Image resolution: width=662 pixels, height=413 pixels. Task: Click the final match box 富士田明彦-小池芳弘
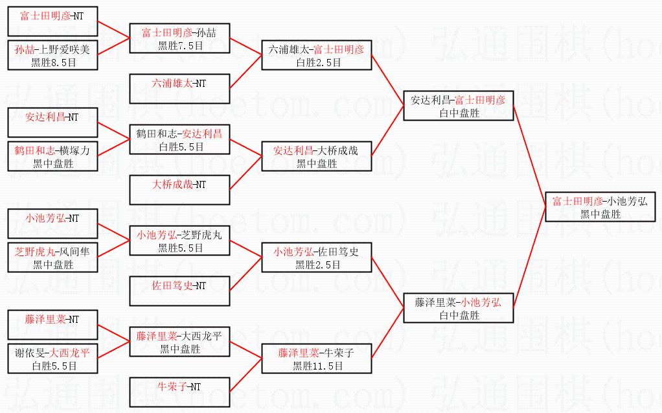click(x=599, y=207)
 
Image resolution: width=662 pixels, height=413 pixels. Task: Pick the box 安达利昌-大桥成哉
click(x=316, y=156)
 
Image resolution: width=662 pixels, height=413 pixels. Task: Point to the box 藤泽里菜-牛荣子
click(x=316, y=359)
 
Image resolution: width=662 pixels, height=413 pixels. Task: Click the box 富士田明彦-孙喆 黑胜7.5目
click(x=179, y=38)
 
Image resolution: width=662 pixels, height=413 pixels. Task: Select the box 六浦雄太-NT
click(x=179, y=89)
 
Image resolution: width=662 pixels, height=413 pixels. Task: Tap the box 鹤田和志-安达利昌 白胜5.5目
click(x=179, y=139)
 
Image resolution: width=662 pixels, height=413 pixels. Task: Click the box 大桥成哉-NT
click(x=179, y=190)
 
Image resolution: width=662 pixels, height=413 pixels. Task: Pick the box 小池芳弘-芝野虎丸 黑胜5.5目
click(x=179, y=241)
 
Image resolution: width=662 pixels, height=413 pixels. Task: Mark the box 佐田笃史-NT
click(x=179, y=291)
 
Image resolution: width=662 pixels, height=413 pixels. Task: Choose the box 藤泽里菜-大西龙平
click(x=179, y=342)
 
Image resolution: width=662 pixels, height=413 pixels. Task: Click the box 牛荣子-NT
click(x=179, y=392)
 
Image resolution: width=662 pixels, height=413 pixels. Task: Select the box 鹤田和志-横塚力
click(x=52, y=156)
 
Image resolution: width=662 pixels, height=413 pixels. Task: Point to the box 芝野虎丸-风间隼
click(x=52, y=257)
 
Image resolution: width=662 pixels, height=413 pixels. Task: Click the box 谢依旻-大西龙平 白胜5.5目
click(x=52, y=359)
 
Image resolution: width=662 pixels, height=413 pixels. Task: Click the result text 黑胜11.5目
click(x=316, y=366)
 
